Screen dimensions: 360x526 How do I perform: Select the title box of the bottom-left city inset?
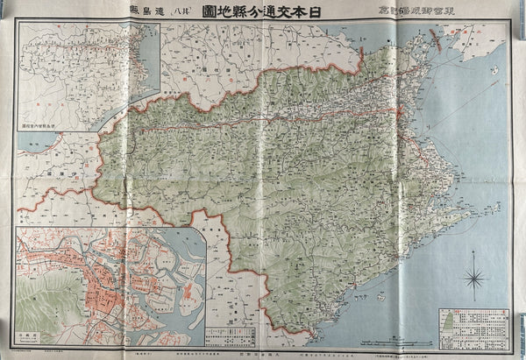click(27, 336)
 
